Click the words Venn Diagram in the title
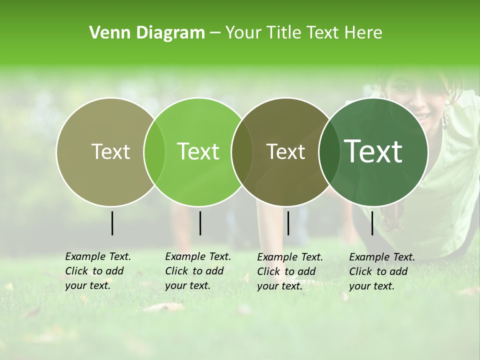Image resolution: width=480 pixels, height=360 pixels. coord(147,33)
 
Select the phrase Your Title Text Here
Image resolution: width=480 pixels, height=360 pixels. coord(303,33)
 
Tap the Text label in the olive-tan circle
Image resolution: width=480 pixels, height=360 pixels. coord(110,152)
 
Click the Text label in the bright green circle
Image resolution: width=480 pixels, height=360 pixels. coord(198,152)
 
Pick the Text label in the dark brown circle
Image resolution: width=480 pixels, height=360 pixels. coord(285,152)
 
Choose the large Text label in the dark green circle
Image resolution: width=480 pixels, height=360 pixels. coord(373,151)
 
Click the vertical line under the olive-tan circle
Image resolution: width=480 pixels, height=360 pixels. coord(112,223)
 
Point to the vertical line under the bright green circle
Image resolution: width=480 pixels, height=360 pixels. coord(200,223)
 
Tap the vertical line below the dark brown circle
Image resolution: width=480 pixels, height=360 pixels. coord(288,223)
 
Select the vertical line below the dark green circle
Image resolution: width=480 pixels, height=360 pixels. coord(372,223)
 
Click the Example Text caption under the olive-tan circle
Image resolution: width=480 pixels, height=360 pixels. coord(98,271)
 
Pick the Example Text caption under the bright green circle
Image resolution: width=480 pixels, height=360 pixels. coord(198,271)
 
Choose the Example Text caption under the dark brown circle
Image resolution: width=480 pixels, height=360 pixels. coord(290,271)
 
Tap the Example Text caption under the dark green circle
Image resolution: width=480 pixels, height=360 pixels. coord(382,271)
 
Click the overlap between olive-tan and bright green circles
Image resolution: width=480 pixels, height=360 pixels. coord(154,152)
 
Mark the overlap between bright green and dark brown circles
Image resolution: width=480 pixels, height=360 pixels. coord(242,152)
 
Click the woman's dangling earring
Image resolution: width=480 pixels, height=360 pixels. coord(444,120)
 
